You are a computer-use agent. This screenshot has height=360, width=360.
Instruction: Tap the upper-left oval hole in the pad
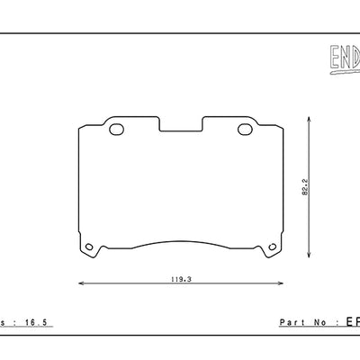click(x=116, y=130)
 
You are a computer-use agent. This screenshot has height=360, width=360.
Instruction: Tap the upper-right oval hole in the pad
click(x=243, y=130)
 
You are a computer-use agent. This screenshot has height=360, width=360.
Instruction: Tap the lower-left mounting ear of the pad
click(x=86, y=247)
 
